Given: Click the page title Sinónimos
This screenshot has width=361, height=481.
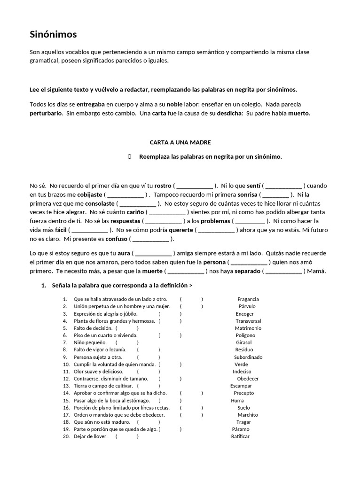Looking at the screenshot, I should click(53, 35).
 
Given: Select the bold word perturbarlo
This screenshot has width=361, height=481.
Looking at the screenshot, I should click(46, 113).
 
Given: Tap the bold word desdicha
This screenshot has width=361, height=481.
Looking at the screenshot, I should click(228, 113).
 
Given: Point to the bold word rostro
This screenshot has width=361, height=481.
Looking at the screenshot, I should click(163, 185).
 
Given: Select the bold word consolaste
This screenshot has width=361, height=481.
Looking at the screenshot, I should click(100, 203).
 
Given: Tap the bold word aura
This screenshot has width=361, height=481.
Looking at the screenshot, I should click(124, 253).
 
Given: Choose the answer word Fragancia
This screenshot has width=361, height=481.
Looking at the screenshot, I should click(248, 299).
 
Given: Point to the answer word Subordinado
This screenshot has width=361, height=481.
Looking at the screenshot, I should click(248, 357).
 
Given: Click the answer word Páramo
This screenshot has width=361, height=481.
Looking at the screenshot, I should click(241, 429).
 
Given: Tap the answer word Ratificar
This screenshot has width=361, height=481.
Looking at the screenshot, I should click(240, 436).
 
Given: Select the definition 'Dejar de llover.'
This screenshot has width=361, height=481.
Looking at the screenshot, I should click(91, 436).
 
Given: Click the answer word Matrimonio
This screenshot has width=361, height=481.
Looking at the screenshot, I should click(248, 328).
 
